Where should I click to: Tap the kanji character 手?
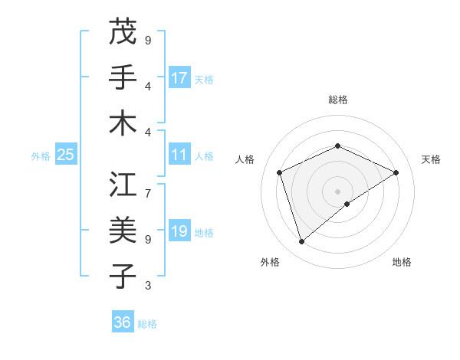123,77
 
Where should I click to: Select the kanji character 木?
123,123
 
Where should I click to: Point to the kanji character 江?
123,184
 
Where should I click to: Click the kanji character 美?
123,230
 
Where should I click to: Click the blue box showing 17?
179,78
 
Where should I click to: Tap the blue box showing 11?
179,155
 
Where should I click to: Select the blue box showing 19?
179,231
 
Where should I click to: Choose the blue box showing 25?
65,155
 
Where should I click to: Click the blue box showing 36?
123,322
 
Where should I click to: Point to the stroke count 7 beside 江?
148,186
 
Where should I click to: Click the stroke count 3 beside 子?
148,286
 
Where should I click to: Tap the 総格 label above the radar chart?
337,100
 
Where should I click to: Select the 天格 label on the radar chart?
431,159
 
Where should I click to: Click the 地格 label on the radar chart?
402,262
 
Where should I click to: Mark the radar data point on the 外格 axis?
301,242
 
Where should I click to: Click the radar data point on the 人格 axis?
280,172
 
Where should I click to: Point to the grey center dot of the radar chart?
337,191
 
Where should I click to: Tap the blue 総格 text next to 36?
147,324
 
